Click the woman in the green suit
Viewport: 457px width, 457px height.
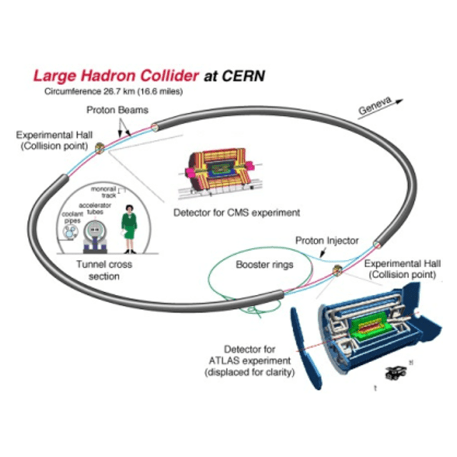tap(130, 228)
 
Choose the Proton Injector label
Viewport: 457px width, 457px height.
tap(328, 241)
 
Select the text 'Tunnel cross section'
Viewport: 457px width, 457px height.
tap(104, 270)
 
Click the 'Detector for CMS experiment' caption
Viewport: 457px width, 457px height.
tap(236, 212)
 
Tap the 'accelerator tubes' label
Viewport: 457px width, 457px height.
tap(94, 208)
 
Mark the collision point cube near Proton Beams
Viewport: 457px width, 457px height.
tap(100, 148)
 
